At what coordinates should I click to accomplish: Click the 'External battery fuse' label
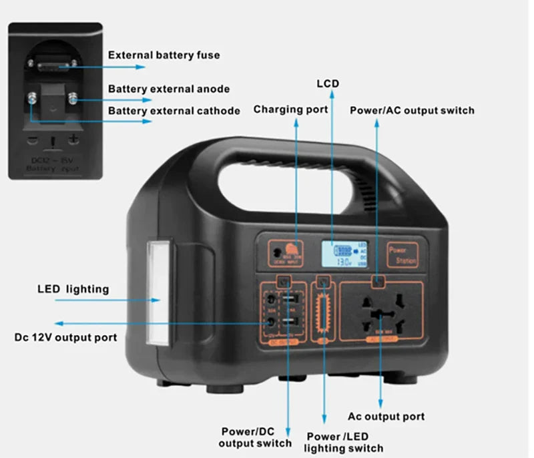[164, 55]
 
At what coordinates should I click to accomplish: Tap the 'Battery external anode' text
[169, 89]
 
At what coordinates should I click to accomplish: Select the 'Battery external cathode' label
[174, 111]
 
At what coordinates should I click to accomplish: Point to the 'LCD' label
[327, 83]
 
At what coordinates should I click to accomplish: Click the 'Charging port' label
[290, 109]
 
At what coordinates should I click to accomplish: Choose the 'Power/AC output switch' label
[412, 110]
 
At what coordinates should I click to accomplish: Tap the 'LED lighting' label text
[73, 289]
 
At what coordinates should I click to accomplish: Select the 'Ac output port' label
[386, 416]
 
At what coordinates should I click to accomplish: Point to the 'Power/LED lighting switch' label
[344, 442]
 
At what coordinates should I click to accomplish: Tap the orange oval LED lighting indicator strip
[326, 312]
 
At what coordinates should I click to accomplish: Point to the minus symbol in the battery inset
[32, 140]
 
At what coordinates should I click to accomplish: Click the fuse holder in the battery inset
[51, 65]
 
